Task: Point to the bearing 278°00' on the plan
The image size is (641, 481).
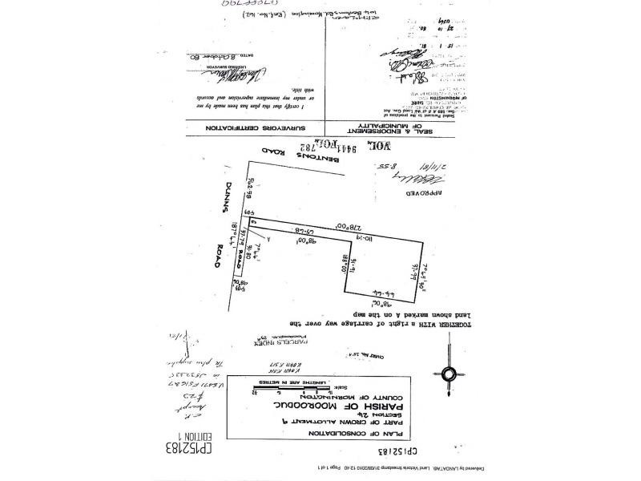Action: pos(326,227)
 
